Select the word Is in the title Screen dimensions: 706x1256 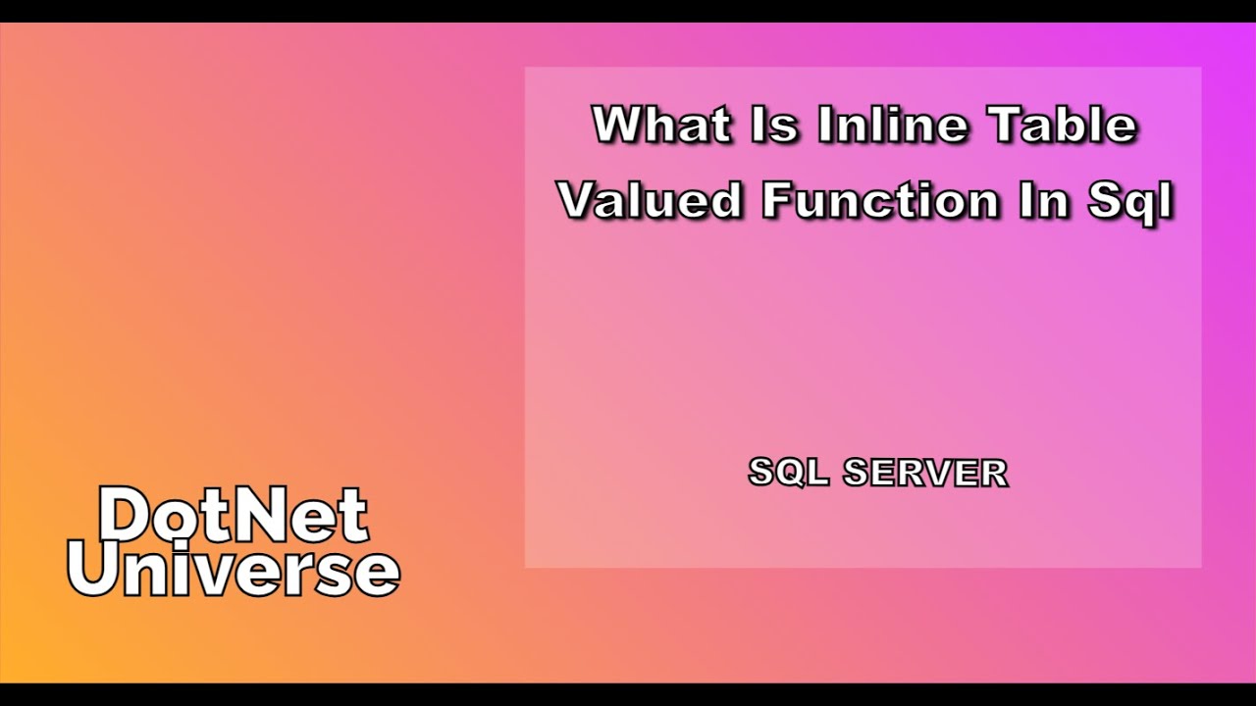pos(775,126)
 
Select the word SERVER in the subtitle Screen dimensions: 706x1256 pos(925,474)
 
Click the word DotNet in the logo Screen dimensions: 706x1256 pos(234,516)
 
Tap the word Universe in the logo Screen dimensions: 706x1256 pos(234,570)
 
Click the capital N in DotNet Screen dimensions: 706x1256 pos(265,516)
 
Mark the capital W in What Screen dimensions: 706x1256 pos(619,126)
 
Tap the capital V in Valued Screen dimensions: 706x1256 pos(580,201)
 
